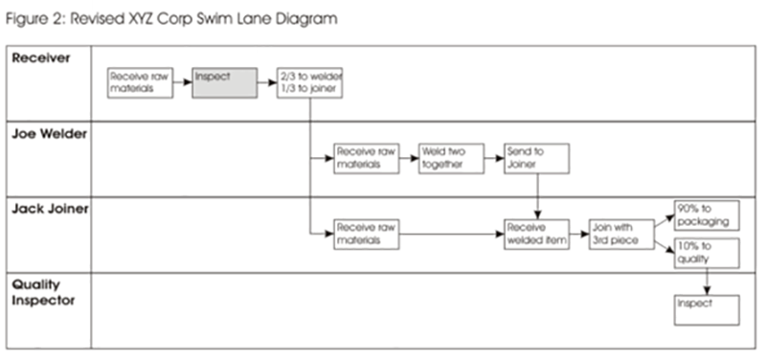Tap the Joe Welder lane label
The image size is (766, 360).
click(x=50, y=135)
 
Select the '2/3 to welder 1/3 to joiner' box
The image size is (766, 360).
click(x=309, y=82)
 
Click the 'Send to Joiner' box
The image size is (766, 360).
click(x=537, y=158)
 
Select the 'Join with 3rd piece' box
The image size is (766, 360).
click(x=620, y=235)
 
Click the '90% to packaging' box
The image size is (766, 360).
click(x=707, y=215)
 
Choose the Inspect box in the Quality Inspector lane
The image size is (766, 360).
click(x=707, y=308)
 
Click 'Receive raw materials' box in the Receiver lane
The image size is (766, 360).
click(x=139, y=82)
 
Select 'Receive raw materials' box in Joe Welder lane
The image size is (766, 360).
click(x=366, y=158)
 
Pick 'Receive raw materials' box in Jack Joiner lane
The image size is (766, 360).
click(x=366, y=235)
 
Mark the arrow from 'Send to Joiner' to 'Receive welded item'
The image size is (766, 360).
click(x=537, y=197)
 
